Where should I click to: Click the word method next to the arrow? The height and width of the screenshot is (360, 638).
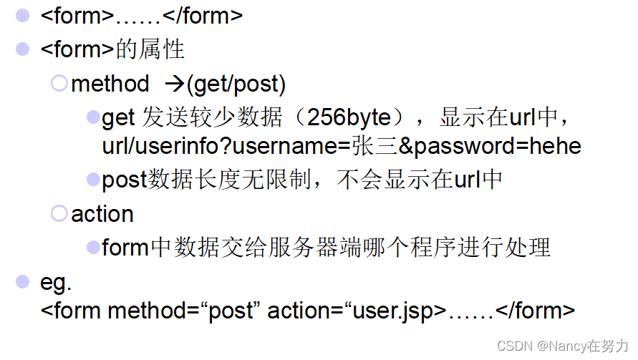pyautogui.click(x=110, y=84)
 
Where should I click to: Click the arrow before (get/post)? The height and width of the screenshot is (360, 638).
pyautogui.click(x=175, y=84)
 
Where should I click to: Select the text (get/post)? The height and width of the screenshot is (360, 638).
pyautogui.click(x=236, y=84)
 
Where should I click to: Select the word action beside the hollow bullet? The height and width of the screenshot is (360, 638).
pyautogui.click(x=102, y=214)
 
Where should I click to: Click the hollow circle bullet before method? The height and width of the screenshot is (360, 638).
pyautogui.click(x=59, y=84)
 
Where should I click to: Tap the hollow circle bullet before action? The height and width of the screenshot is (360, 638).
pyautogui.click(x=59, y=213)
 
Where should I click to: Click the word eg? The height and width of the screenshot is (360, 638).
pyautogui.click(x=57, y=282)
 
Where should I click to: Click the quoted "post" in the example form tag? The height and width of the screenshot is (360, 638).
pyautogui.click(x=231, y=311)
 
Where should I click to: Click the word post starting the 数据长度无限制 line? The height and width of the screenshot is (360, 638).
pyautogui.click(x=125, y=180)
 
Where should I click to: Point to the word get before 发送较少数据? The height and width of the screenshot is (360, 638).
pyautogui.click(x=119, y=117)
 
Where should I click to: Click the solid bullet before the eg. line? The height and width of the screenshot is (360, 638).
pyautogui.click(x=24, y=281)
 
